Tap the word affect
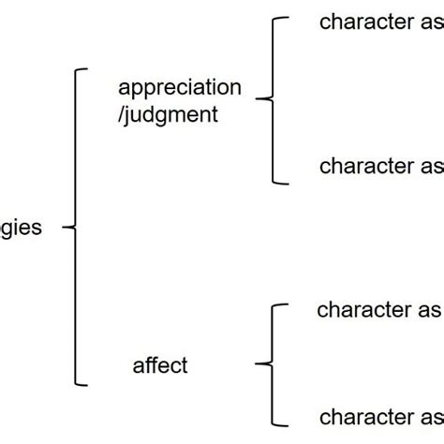(160, 365)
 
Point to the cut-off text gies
(21, 228)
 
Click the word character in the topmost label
(366, 23)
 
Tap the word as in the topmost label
(429, 23)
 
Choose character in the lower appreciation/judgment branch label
(366, 167)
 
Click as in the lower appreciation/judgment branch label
(429, 167)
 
